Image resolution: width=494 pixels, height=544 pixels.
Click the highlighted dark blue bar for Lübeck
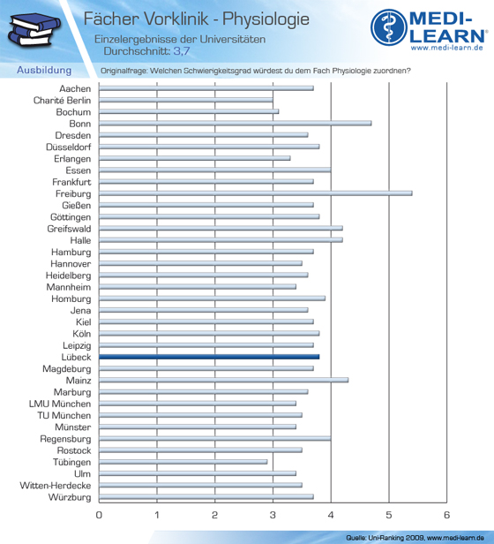pos(209,357)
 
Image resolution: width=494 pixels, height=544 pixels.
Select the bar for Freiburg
pos(256,193)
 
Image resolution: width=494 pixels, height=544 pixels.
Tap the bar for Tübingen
pos(183,462)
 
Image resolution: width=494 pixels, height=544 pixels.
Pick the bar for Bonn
pos(235,123)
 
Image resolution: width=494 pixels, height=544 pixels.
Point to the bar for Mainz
pos(223,380)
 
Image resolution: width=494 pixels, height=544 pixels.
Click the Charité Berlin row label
pos(62,101)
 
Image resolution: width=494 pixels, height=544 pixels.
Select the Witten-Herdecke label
pos(56,486)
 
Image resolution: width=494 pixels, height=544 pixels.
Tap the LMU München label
pos(60,404)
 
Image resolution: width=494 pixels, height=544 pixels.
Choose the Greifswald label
pos(70,229)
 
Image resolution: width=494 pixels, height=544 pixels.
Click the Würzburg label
pos(70,497)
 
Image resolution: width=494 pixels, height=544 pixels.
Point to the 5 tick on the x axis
pos(389,515)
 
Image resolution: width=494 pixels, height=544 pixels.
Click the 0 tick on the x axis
pos(99,515)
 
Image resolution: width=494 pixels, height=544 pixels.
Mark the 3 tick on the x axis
pos(273,515)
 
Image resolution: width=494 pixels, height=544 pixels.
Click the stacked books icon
pos(34,30)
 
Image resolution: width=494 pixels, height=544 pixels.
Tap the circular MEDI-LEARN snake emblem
pos(389,27)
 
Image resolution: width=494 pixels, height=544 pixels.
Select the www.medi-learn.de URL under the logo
pos(447,48)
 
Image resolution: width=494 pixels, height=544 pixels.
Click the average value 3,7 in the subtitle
pos(182,51)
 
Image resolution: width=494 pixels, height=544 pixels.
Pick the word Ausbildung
pos(44,70)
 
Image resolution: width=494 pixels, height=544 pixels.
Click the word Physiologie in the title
pos(266,19)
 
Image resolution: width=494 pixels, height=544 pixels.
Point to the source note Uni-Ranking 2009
pos(396,538)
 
